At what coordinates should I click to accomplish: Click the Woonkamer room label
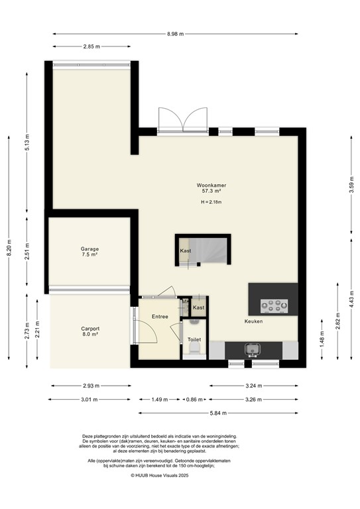[x=209, y=184]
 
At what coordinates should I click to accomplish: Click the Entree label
[x=159, y=317]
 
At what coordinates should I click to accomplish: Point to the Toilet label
[x=194, y=339]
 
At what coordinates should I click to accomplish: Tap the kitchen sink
[x=252, y=349]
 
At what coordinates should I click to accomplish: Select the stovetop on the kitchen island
[x=273, y=306]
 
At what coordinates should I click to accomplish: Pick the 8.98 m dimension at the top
[x=176, y=34]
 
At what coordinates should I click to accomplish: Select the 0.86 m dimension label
[x=194, y=400]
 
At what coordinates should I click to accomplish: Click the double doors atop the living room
[x=183, y=121]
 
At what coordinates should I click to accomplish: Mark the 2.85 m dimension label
[x=91, y=46]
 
